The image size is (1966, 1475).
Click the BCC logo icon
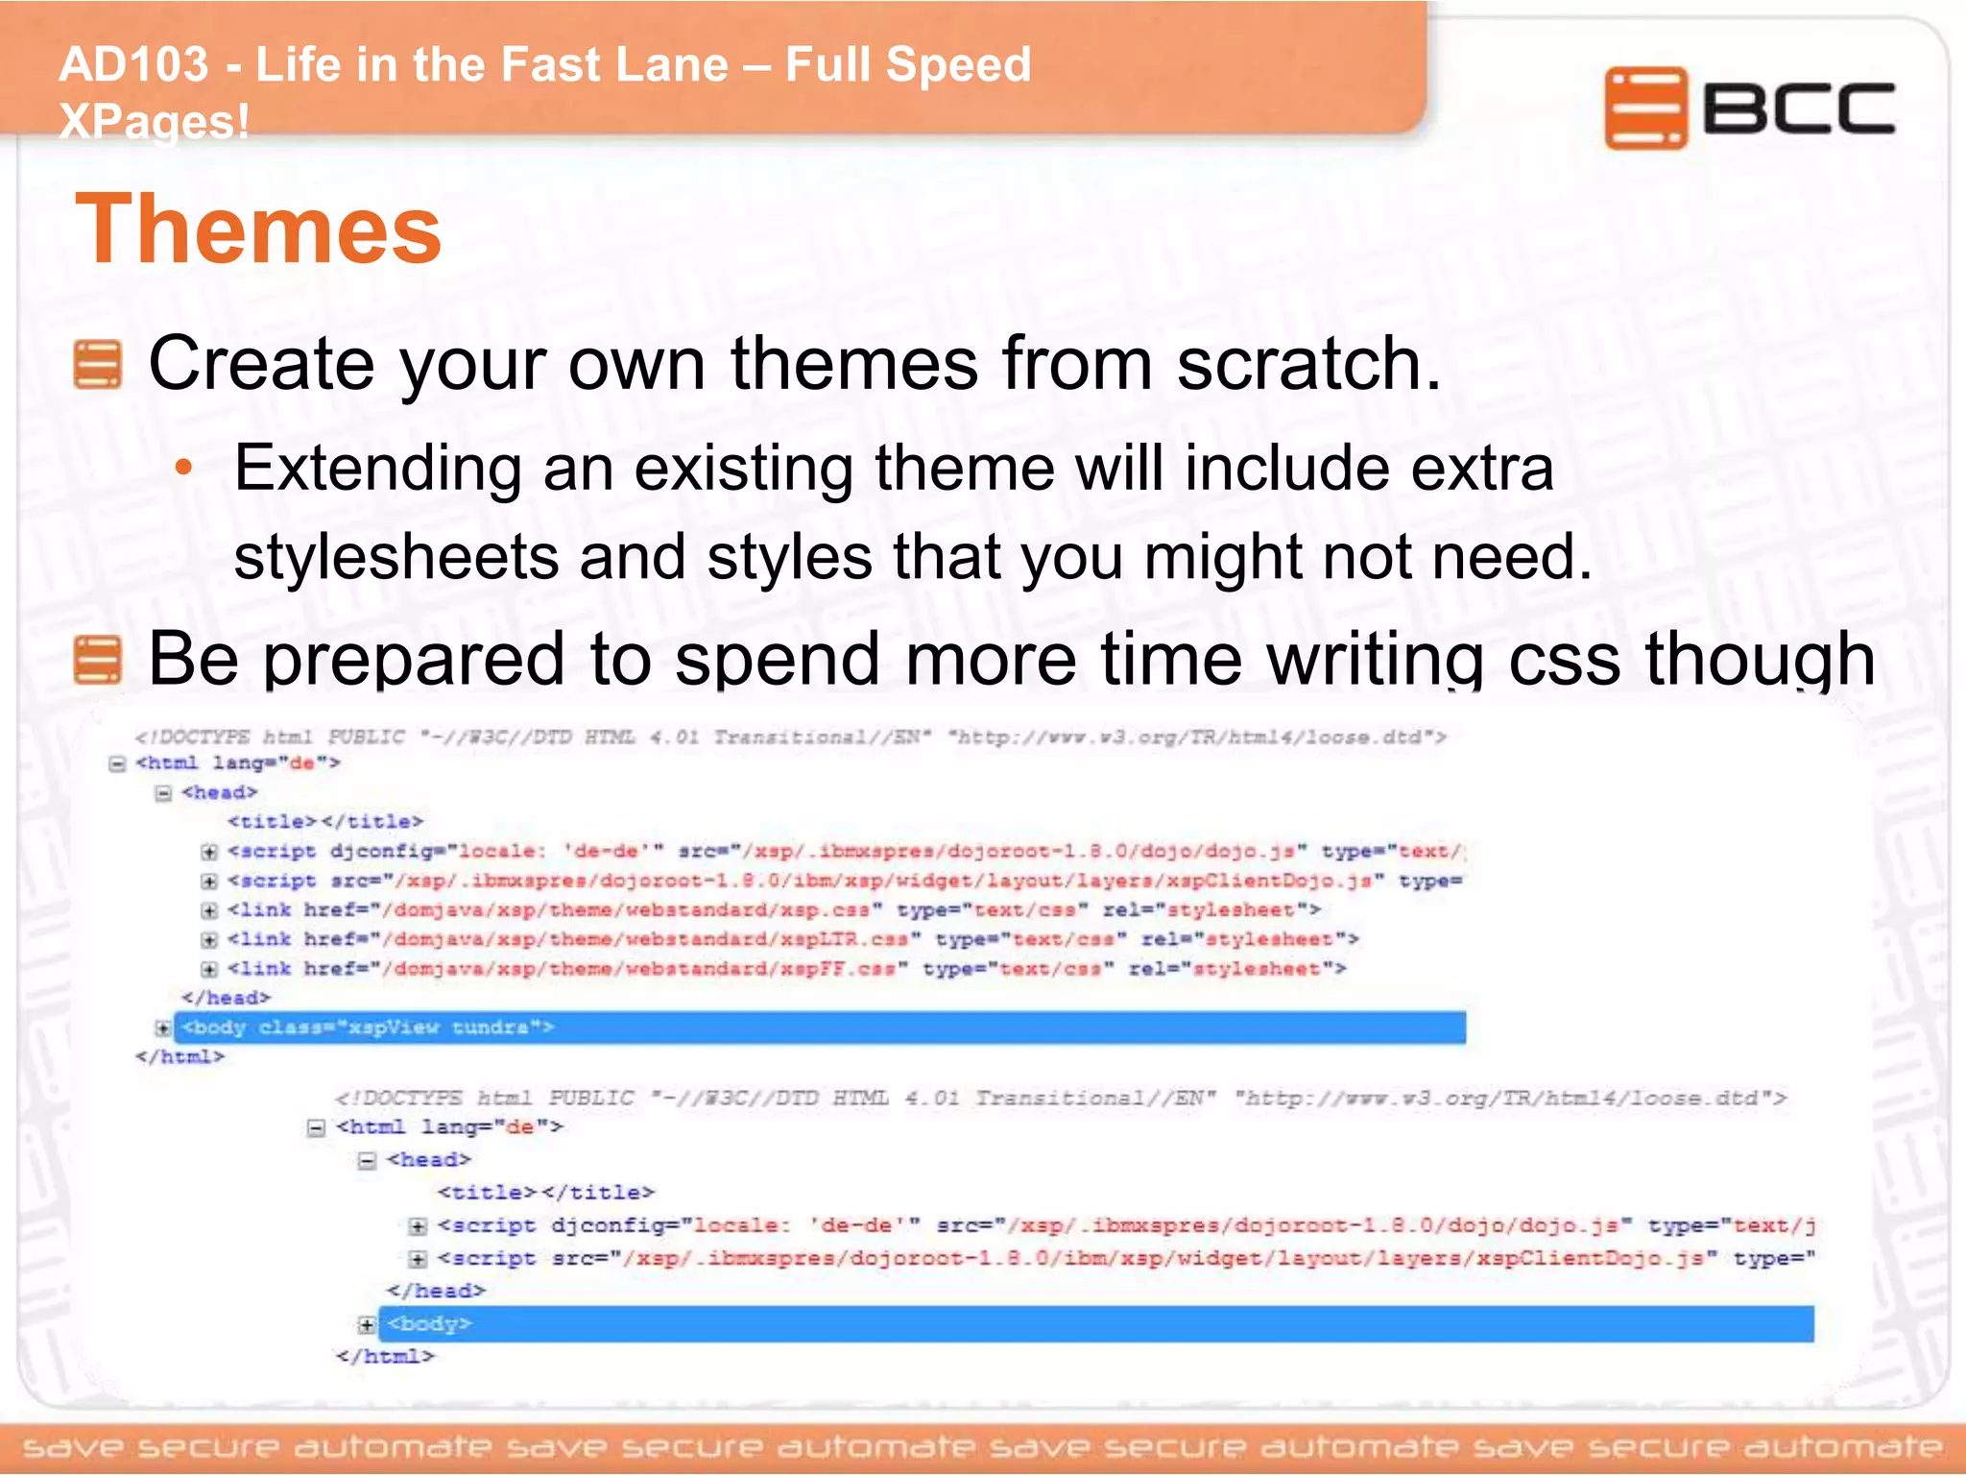[1644, 108]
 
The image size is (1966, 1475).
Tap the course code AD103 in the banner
[133, 65]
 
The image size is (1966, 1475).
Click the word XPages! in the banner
[154, 122]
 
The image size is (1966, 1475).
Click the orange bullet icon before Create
[98, 365]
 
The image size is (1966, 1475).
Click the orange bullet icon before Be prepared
[98, 660]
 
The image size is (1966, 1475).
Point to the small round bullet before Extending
[184, 469]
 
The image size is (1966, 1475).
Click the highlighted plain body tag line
[1094, 1323]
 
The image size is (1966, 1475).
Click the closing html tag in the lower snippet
[385, 1356]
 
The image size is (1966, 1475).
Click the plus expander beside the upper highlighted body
[163, 1028]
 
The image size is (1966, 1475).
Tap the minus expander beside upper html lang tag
[117, 764]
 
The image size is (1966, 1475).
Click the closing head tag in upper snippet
[226, 998]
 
